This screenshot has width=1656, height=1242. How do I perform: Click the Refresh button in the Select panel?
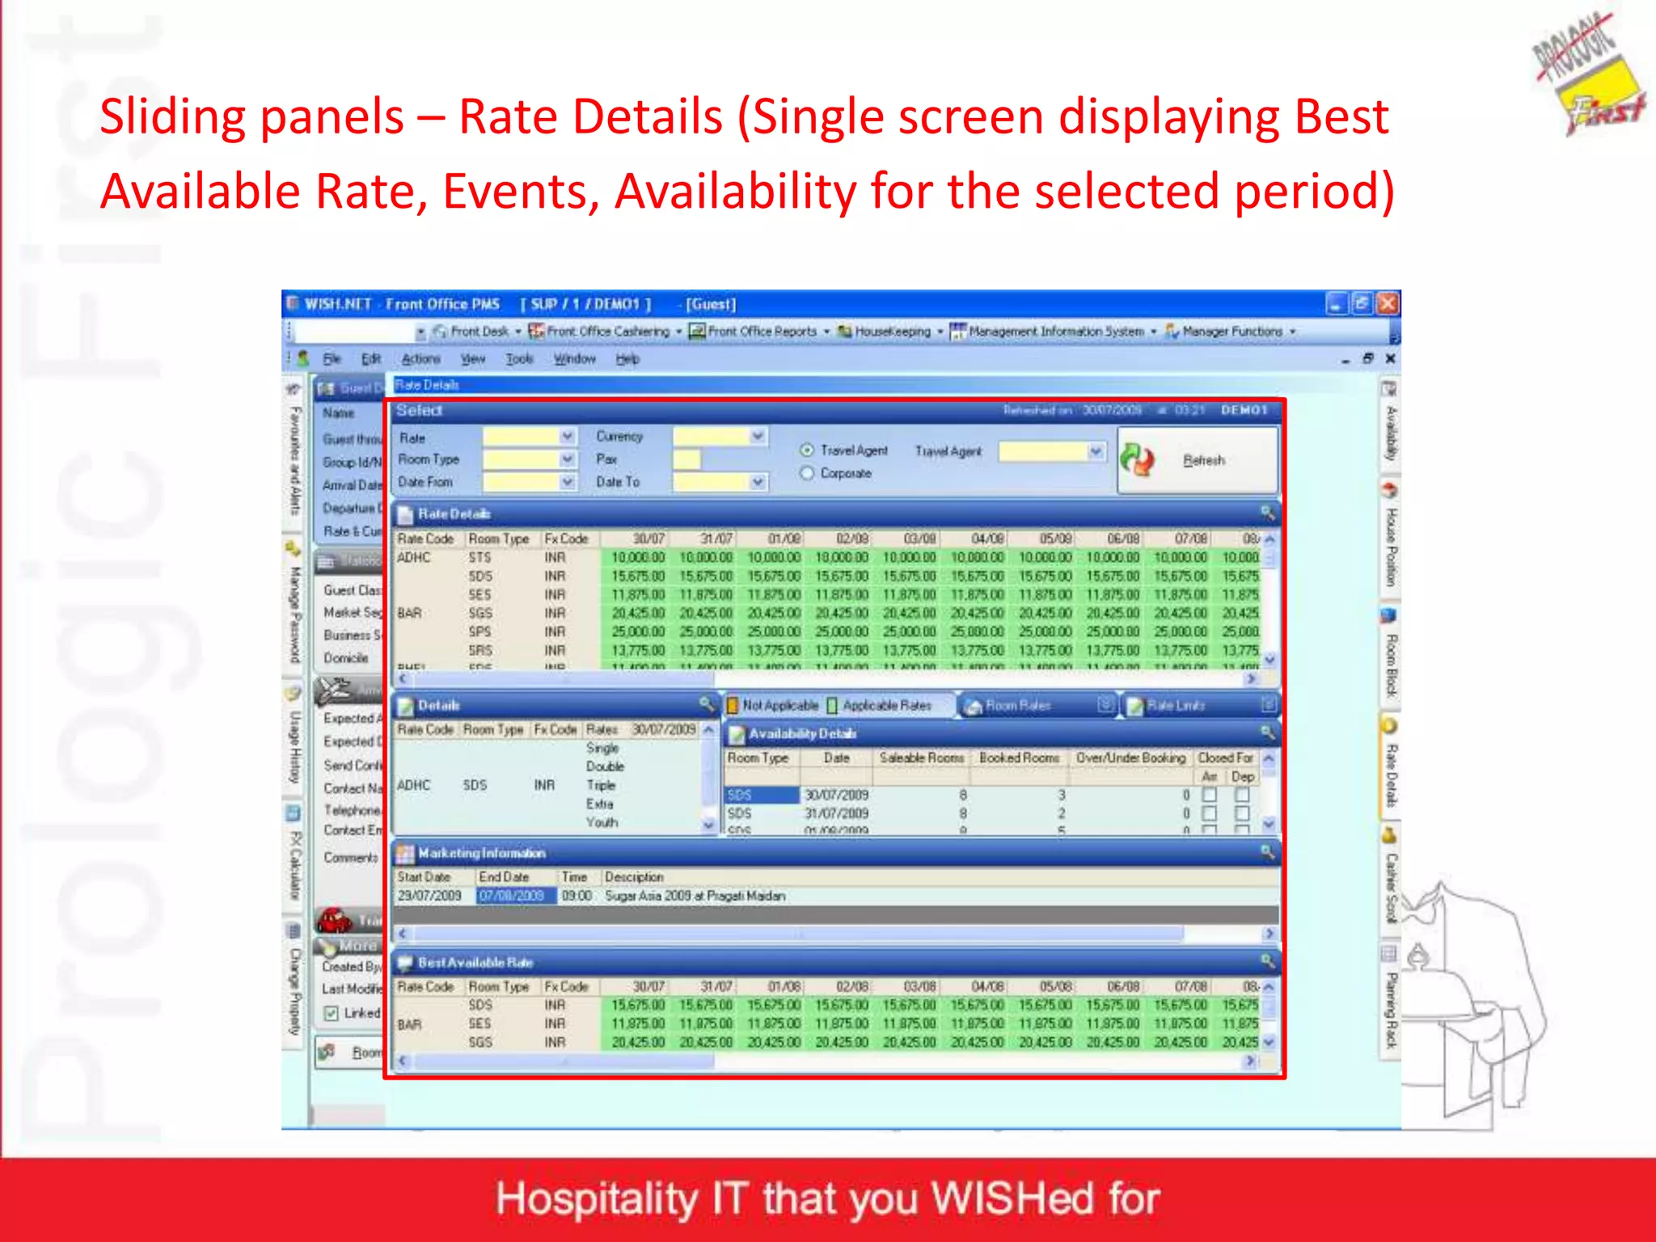point(1197,460)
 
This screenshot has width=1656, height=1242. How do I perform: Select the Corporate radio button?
point(807,473)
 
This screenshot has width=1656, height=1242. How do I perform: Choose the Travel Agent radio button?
point(807,450)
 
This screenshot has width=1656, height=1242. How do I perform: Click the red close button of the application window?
point(1388,303)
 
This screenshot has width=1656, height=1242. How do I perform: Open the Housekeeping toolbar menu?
point(890,332)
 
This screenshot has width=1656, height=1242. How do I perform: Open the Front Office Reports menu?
point(759,332)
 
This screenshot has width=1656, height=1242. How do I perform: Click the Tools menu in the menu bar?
point(519,358)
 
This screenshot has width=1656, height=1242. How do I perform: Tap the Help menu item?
point(627,358)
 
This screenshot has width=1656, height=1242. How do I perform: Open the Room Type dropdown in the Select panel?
point(568,459)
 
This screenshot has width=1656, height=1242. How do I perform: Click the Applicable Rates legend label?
point(886,705)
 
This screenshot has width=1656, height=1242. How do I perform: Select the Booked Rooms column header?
point(1019,758)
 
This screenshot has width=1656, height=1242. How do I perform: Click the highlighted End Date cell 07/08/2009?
point(512,896)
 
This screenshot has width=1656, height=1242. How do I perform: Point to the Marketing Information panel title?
point(481,853)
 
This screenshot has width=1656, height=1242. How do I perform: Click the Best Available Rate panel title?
point(475,962)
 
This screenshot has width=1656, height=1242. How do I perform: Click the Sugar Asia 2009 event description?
point(695,896)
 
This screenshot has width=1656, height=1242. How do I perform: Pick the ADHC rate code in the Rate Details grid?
point(414,557)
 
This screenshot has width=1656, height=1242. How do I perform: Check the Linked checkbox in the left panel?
point(332,1012)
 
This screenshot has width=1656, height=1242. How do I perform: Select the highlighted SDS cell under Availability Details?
point(761,795)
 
